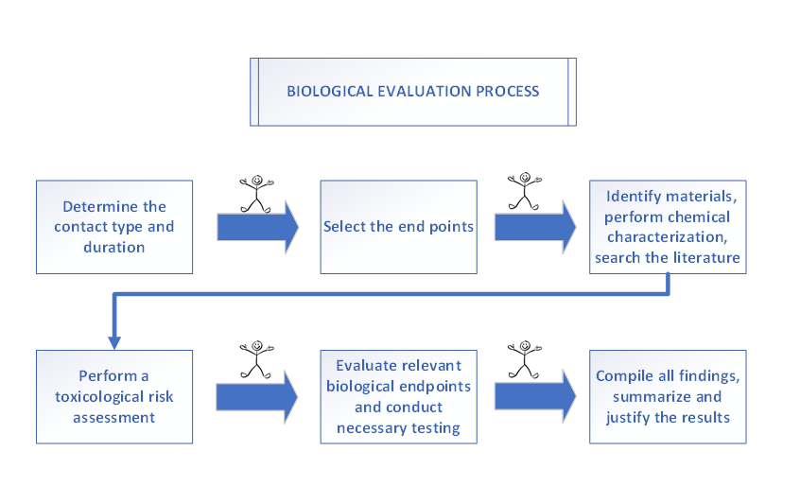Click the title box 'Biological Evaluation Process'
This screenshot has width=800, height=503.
412,92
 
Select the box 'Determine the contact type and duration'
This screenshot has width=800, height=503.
114,227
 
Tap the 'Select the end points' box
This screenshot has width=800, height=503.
398,227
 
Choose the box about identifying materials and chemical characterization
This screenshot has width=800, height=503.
668,227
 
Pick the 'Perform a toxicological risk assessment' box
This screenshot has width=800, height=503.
114,397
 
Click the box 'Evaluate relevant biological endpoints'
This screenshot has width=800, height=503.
398,397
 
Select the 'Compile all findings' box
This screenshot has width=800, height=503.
668,397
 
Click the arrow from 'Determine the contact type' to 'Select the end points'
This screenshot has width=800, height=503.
257,227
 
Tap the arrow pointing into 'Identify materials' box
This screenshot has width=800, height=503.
535,227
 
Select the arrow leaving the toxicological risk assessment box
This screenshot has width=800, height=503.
256,397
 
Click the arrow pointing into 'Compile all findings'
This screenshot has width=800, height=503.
535,396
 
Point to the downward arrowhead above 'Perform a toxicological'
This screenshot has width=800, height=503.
114,342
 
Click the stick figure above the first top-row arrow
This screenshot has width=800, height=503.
256,194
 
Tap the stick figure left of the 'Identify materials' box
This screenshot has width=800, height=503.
525,191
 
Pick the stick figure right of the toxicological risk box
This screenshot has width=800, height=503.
256,359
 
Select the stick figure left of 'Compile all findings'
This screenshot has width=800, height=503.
525,359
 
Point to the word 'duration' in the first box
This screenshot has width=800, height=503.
114,248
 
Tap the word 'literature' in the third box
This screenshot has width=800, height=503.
706,257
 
